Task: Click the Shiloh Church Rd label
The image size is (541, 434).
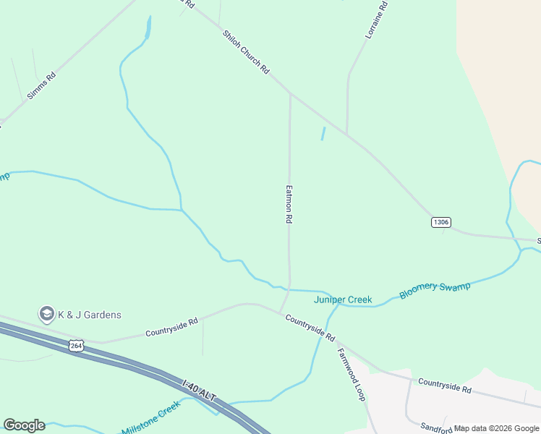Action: coord(246,52)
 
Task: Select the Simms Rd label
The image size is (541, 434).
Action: coord(41,85)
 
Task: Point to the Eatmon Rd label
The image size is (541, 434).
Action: coord(289,203)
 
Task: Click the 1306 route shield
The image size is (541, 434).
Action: coord(441,221)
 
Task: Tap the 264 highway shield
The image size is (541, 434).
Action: coord(77,346)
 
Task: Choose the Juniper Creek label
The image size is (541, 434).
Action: coord(343,299)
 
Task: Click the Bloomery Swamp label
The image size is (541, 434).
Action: coord(435,290)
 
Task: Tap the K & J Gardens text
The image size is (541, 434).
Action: coord(90,315)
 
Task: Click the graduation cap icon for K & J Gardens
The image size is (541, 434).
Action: coord(47,314)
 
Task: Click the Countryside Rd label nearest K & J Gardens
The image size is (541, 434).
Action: coord(171,328)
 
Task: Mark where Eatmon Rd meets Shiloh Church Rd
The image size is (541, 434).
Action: coord(290,93)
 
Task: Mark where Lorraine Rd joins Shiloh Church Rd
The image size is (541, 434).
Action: coord(347,135)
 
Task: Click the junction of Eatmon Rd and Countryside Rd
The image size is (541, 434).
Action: coord(281,312)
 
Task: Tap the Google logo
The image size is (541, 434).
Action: coord(24,425)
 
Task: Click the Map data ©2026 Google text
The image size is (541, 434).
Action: coord(496,428)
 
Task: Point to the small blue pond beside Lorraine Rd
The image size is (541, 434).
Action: coord(323,134)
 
